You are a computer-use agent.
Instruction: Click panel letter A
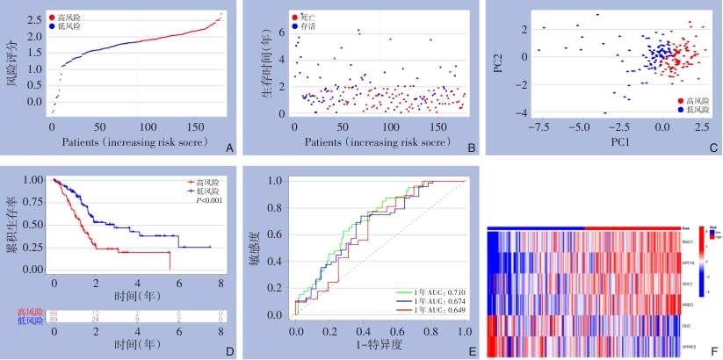pyautogui.click(x=229, y=149)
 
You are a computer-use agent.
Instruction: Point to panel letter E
pyautogui.click(x=473, y=349)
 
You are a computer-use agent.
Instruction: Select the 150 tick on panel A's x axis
pyautogui.click(x=187, y=126)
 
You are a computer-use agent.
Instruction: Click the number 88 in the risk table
pyautogui.click(x=54, y=313)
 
